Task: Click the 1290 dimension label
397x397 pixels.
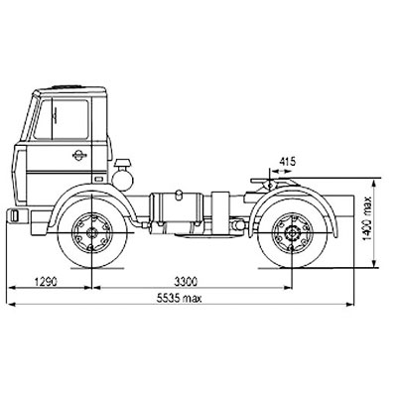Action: point(46,282)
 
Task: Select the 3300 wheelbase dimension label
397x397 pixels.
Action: point(186,282)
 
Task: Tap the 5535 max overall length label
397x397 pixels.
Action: point(179,299)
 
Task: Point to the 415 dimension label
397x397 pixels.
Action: point(288,162)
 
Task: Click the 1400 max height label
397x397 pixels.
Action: point(367,218)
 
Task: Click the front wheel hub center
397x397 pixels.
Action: point(90,233)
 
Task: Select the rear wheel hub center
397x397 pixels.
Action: point(292,232)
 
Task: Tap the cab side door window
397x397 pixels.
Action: point(62,118)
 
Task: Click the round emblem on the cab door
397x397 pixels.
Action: point(79,155)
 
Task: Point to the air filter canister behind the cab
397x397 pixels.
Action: point(123,176)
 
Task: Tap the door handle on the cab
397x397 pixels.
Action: point(98,179)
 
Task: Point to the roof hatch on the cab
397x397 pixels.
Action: point(66,87)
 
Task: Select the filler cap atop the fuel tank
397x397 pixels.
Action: point(179,195)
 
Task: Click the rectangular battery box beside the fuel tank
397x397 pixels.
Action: point(220,212)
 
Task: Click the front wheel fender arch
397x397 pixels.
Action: point(92,190)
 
